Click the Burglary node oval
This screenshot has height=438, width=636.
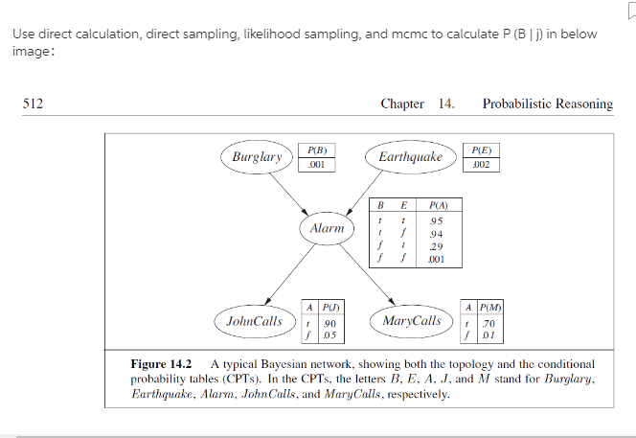254,156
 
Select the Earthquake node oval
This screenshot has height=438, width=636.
410,156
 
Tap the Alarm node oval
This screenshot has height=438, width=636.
328,229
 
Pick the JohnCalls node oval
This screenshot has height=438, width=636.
254,320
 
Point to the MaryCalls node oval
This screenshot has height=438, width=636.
412,320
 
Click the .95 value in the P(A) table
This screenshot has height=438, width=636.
435,221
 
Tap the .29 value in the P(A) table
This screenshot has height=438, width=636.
435,246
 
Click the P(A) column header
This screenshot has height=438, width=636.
439,204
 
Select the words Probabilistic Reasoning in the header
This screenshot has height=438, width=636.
547,104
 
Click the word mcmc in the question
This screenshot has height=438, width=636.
382,35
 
